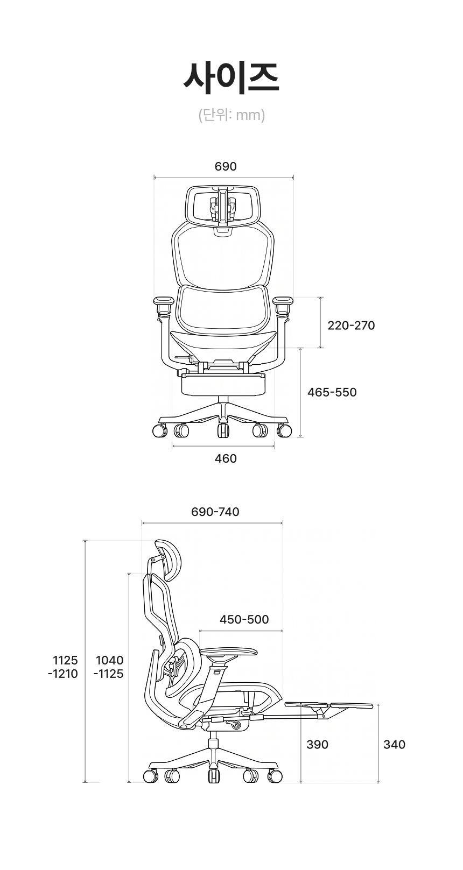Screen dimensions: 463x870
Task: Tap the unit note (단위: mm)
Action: point(231,115)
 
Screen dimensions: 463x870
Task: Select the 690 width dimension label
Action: point(226,166)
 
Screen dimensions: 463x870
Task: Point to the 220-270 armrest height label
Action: point(351,325)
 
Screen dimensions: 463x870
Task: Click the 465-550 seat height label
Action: point(332,392)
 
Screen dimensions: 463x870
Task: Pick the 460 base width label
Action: point(226,458)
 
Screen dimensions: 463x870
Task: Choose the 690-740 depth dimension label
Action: point(215,512)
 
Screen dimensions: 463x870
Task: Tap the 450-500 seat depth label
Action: point(244,619)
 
